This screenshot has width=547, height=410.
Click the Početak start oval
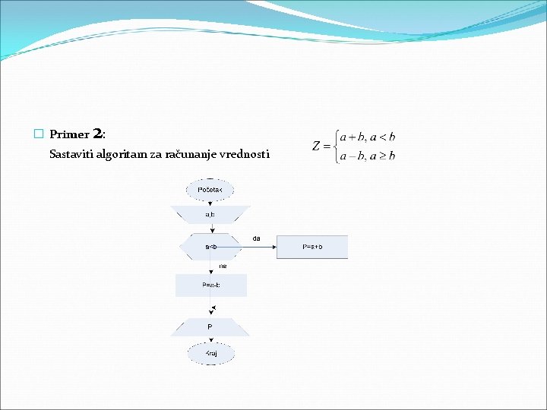pyautogui.click(x=210, y=189)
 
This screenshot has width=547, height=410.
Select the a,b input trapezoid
pyautogui.click(x=210, y=216)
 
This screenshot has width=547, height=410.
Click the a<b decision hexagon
pyautogui.click(x=210, y=247)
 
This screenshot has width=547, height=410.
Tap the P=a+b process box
pyautogui.click(x=312, y=247)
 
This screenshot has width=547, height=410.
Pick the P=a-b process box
pyautogui.click(x=210, y=285)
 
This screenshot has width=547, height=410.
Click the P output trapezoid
pyautogui.click(x=210, y=327)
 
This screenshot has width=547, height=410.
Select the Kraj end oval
pyautogui.click(x=210, y=354)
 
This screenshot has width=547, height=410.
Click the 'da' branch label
pyautogui.click(x=256, y=238)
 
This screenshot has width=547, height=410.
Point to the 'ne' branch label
pyautogui.click(x=223, y=266)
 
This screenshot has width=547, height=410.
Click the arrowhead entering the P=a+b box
pyautogui.click(x=273, y=247)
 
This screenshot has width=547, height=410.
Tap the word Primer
pyautogui.click(x=70, y=135)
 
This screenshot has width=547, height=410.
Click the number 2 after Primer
pyautogui.click(x=97, y=134)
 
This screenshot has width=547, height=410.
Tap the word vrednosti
pyautogui.click(x=244, y=155)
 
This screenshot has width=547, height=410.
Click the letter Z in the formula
pyautogui.click(x=319, y=146)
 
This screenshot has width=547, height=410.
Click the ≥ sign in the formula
pyautogui.click(x=383, y=156)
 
